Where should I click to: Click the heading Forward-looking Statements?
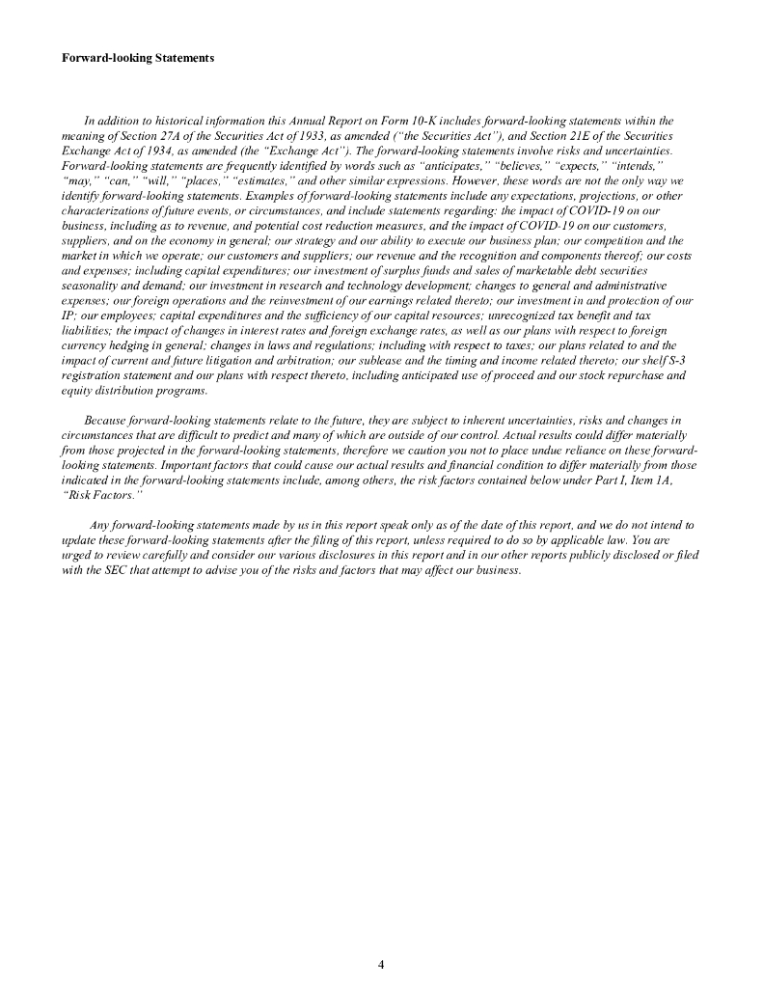tap(138, 58)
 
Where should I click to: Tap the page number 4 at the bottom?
tap(381, 964)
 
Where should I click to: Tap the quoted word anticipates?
tap(447, 166)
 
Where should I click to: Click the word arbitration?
tap(284, 359)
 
